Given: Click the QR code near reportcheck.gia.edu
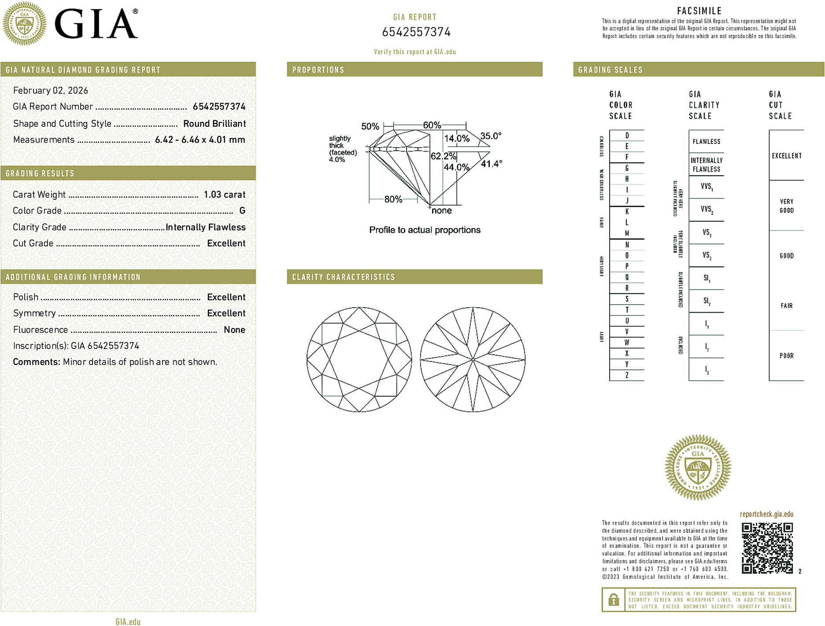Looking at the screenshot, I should pos(767,548).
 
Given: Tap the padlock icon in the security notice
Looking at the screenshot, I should pos(614,600).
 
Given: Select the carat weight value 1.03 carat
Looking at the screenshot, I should pos(224,195).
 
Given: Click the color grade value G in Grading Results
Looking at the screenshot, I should pos(242,211).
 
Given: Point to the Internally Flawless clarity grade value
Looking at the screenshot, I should pos(205,227).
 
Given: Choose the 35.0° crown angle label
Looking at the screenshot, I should pos(491,136).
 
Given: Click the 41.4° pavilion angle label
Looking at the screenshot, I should pos(491,164).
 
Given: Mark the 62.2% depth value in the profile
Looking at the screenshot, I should pos(443,156).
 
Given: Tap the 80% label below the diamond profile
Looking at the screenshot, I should pos(393,199).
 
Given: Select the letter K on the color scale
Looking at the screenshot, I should pos(627,212).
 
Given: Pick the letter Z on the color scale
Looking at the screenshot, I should pos(627,375).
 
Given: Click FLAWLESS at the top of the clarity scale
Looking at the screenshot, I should pos(706,142).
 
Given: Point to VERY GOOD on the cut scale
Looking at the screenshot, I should pos(786,206).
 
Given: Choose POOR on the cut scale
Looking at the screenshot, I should pos(786,356).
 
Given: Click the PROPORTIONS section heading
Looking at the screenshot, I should pos(318,70).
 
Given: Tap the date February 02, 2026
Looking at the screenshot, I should pos(51,91).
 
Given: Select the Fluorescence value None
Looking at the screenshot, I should pos(234,330).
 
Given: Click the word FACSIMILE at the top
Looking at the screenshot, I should pos(699,11).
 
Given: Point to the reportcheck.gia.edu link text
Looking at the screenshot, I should pos(766,514).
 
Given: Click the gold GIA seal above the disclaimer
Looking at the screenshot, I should pos(698,468).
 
